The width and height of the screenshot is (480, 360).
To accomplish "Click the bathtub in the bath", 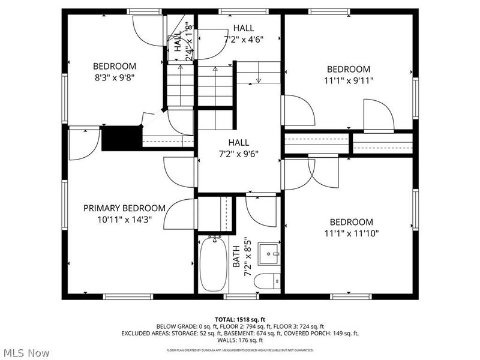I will coord(213,264).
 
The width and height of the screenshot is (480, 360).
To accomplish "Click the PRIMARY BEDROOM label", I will coord(124,208).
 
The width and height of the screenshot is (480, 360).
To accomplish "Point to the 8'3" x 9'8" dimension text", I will coord(114,77).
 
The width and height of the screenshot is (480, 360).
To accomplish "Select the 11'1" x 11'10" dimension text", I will coord(351,233).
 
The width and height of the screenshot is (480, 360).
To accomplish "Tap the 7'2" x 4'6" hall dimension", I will coord(244,39).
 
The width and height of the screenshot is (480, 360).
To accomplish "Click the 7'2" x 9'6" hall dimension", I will coord(238,154).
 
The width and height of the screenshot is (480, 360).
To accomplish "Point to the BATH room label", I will coord(236,257).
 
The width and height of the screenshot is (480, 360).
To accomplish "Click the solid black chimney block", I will coord(120,139).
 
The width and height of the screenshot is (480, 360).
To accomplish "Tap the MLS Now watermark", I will coord(26,353).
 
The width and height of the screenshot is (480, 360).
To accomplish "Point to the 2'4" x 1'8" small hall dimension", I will coord(188,42).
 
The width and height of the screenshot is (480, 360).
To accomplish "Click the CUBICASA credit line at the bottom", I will coord(239,350).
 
